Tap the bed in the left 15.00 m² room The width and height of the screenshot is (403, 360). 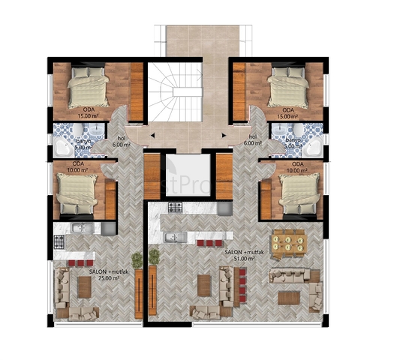click(89, 89)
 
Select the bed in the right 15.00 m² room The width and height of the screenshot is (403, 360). click(289, 89)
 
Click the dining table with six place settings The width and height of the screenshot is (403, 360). click(290, 241)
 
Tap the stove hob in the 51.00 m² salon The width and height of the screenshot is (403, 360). click(176, 207)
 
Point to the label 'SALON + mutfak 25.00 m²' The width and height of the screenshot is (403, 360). click(104, 274)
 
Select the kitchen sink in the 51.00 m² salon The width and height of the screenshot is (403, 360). click(171, 239)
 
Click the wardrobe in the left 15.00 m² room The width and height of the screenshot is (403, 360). click(137, 88)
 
